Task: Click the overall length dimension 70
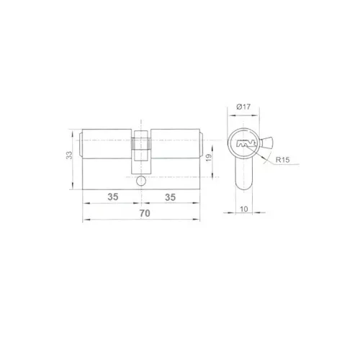click(x=145, y=213)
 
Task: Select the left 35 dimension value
click(x=113, y=197)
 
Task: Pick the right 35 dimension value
click(x=170, y=197)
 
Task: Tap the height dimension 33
click(x=69, y=155)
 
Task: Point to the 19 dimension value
click(x=209, y=158)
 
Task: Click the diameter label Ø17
click(x=243, y=107)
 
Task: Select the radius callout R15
click(x=282, y=160)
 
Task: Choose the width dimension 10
click(x=244, y=209)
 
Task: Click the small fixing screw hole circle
click(x=141, y=181)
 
